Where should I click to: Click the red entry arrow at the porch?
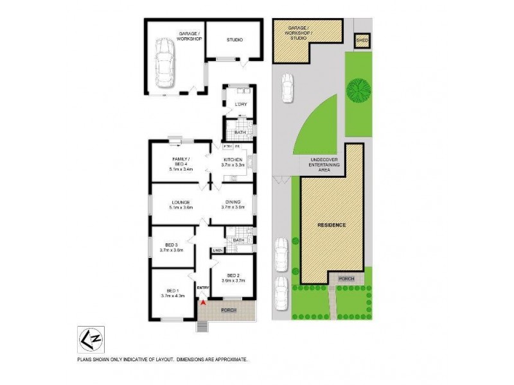pos(203,301)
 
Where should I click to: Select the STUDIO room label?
pos(234,40)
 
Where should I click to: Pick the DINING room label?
pos(233,203)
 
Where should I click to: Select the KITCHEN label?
pos(232,160)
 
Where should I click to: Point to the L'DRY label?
pos(241,105)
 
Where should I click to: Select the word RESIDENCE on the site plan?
pos(332,225)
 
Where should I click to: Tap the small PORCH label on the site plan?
pos(346,278)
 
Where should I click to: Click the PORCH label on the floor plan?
pos(229,311)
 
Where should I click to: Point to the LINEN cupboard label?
pos(218,250)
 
